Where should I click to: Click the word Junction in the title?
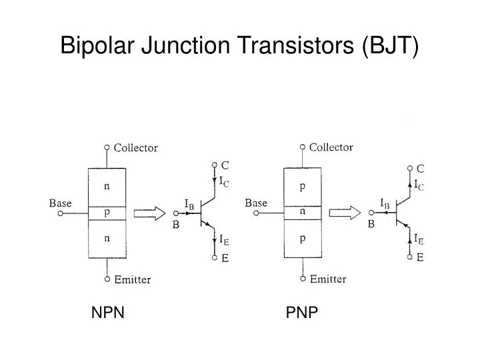click(x=185, y=45)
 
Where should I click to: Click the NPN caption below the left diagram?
click(x=108, y=313)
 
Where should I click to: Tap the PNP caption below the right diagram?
click(x=301, y=313)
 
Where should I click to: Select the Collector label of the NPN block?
click(x=135, y=148)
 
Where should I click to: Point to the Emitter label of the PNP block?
click(x=328, y=279)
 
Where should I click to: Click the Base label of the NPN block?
click(x=60, y=203)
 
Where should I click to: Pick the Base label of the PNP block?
click(x=256, y=203)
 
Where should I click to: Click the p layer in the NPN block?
click(x=107, y=213)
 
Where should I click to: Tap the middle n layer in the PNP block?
click(x=303, y=213)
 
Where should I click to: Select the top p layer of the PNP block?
click(x=303, y=187)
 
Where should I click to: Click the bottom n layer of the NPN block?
click(x=107, y=239)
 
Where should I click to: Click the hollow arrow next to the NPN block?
click(x=150, y=213)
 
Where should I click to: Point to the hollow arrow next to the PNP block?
click(x=345, y=213)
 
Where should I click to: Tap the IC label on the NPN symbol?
click(x=224, y=181)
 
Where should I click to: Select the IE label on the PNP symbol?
click(x=419, y=239)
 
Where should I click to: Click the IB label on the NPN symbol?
click(x=189, y=204)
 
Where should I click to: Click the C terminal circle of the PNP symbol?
click(x=410, y=168)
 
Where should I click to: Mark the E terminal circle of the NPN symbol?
click(x=215, y=258)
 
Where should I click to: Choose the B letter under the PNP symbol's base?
click(x=371, y=225)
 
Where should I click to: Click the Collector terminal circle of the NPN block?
click(x=107, y=147)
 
